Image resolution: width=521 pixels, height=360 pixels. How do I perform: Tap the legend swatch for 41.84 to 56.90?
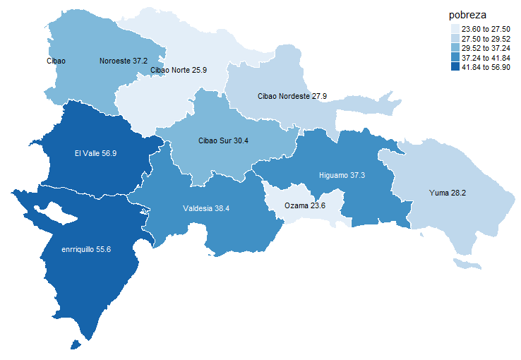click(x=455, y=67)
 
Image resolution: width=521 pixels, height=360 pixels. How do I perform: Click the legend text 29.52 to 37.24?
click(x=486, y=48)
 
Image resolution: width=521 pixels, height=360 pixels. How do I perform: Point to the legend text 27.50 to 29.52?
click(x=486, y=39)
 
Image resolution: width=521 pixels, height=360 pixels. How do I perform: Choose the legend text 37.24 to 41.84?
click(x=486, y=58)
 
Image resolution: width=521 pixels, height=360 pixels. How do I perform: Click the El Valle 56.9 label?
click(x=95, y=152)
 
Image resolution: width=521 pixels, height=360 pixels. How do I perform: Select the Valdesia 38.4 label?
click(x=207, y=208)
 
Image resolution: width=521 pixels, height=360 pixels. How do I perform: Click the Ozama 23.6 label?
click(x=305, y=205)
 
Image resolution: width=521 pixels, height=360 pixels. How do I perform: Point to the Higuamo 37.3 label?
click(x=342, y=175)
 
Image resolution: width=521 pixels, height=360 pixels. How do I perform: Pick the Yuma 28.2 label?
click(x=447, y=192)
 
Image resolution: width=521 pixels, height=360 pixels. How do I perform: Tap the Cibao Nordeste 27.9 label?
click(x=292, y=95)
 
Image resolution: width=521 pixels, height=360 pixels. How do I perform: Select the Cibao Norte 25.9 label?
click(x=179, y=70)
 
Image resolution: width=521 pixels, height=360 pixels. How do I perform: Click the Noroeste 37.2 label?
click(x=124, y=61)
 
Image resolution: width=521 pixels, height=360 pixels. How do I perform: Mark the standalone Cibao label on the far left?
click(x=56, y=61)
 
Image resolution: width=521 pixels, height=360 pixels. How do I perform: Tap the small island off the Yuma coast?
click(x=466, y=264)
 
